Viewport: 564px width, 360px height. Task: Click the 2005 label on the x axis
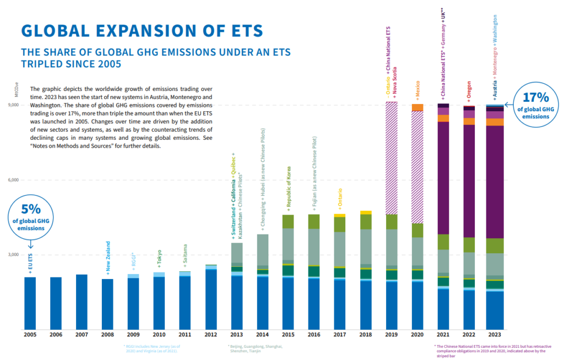30,335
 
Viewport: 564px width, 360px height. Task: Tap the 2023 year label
494,335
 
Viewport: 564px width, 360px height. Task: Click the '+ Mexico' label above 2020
417,89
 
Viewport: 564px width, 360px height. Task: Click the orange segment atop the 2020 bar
417,107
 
